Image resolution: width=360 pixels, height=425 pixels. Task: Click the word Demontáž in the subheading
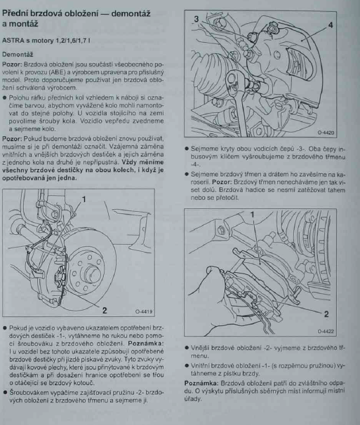point(18,54)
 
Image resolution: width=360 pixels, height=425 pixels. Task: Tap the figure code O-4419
point(144,311)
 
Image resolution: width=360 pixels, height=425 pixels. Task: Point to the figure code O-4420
point(326,133)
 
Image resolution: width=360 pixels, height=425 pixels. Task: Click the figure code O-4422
point(326,332)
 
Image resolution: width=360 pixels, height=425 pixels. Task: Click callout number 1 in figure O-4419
point(84,199)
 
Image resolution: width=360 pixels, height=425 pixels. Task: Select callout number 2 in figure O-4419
point(105,310)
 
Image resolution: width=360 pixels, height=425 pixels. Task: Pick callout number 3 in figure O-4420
point(196,19)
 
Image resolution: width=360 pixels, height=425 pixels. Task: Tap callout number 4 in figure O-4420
point(330,25)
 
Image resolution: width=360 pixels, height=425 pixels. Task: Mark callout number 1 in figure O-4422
point(252,215)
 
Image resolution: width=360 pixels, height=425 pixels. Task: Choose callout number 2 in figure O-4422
point(326,314)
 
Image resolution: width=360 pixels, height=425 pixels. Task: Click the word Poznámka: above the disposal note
point(201,383)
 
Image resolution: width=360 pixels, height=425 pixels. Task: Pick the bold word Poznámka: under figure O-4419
point(146,344)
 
